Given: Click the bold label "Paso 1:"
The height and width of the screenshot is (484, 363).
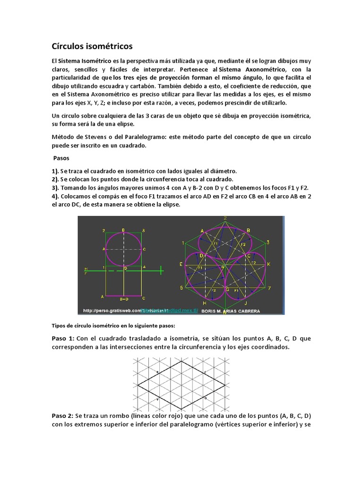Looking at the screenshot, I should click(x=63, y=338).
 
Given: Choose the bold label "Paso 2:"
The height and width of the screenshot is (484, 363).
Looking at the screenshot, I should click(x=63, y=415).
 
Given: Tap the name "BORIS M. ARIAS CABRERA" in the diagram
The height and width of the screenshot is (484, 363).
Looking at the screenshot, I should click(x=231, y=311).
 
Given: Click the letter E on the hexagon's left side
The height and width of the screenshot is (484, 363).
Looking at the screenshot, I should click(x=181, y=264).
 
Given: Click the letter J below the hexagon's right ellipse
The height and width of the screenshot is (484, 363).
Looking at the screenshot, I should click(x=246, y=303).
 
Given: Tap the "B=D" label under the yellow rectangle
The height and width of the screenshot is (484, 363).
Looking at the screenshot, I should click(x=123, y=299).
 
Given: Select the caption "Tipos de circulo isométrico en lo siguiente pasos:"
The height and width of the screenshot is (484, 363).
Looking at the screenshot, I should click(x=113, y=326).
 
